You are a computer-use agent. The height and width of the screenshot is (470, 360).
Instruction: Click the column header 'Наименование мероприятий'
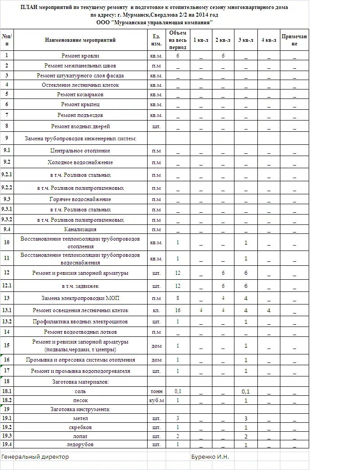[80, 40]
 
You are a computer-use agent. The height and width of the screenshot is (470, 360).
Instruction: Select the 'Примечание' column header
[294, 40]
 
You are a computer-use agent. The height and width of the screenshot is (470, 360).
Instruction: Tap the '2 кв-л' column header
[223, 40]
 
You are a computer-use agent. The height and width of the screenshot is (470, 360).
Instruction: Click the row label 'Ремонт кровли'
[80, 56]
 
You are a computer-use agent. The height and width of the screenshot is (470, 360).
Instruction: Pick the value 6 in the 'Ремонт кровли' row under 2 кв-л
[223, 56]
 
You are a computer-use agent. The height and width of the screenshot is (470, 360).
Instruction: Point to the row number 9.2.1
[7, 175]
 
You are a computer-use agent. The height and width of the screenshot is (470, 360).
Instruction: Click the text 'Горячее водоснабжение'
[80, 199]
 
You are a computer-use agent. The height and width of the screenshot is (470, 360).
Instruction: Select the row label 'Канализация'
[80, 229]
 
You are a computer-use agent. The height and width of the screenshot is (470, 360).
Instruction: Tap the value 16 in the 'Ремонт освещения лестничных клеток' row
[178, 310]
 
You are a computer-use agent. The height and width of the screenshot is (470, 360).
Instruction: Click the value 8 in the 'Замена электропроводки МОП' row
[178, 298]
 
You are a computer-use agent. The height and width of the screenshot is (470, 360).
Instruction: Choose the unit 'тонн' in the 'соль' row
[157, 391]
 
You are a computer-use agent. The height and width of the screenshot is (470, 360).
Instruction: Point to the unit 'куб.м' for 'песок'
[157, 400]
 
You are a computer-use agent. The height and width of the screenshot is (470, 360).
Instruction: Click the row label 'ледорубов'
[80, 444]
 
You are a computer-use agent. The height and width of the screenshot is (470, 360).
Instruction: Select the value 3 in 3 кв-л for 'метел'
[246, 418]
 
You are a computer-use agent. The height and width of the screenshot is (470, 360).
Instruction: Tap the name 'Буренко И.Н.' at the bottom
[210, 457]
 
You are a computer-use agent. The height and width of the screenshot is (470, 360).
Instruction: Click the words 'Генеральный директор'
[35, 457]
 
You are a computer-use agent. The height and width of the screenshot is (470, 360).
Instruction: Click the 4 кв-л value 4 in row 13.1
[269, 310]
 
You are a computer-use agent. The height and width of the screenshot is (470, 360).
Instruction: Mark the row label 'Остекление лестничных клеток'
[80, 85]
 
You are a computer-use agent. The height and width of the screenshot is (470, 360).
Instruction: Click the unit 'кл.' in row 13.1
[157, 310]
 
